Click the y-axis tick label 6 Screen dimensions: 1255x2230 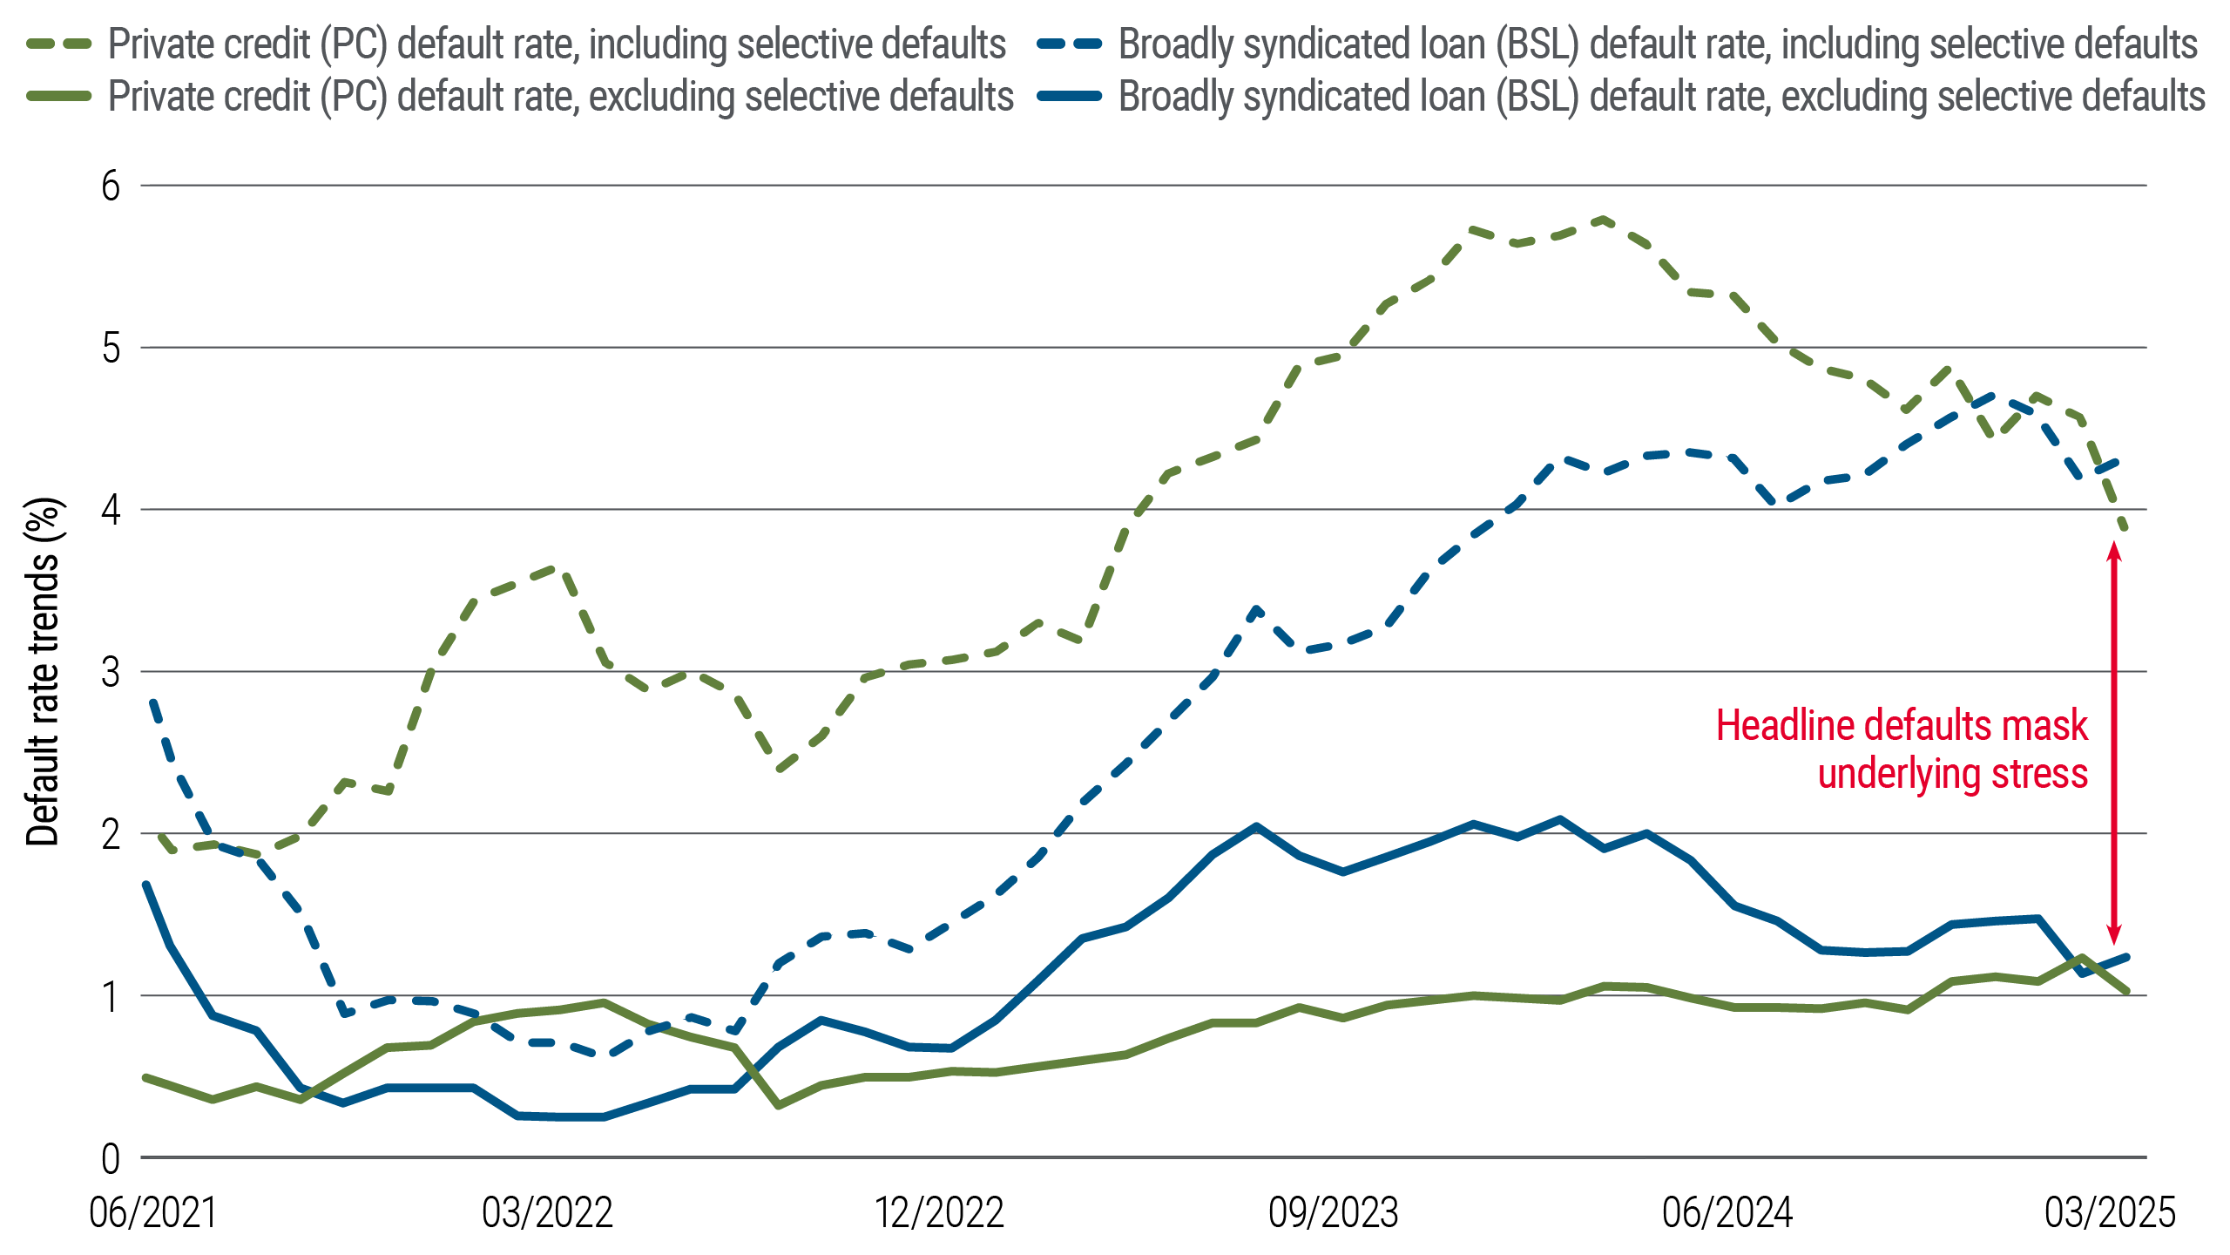pyautogui.click(x=111, y=186)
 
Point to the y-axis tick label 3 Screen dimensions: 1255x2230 pyautogui.click(x=111, y=672)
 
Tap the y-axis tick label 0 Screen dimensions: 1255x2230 pyautogui.click(x=111, y=1159)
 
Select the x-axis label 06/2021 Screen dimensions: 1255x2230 pyautogui.click(x=152, y=1213)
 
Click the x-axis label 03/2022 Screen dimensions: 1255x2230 pyautogui.click(x=547, y=1213)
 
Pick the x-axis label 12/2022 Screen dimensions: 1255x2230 pyautogui.click(x=939, y=1213)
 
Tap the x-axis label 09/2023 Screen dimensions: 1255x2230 pyautogui.click(x=1334, y=1213)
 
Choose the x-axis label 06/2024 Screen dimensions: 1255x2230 pyautogui.click(x=1727, y=1213)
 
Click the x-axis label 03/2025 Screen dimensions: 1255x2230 pyautogui.click(x=2110, y=1213)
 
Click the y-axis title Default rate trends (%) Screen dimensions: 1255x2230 pyautogui.click(x=43, y=672)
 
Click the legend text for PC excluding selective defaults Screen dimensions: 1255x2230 pyautogui.click(x=561, y=96)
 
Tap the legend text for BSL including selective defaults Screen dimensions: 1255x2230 pyautogui.click(x=1658, y=44)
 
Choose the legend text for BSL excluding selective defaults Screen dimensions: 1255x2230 pyautogui.click(x=1661, y=96)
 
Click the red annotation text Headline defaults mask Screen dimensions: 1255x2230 pyautogui.click(x=1902, y=726)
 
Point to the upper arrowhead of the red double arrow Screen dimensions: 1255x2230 pyautogui.click(x=2113, y=550)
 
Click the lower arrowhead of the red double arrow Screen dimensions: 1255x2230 pyautogui.click(x=2113, y=936)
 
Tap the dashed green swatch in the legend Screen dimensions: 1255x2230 pyautogui.click(x=59, y=44)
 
